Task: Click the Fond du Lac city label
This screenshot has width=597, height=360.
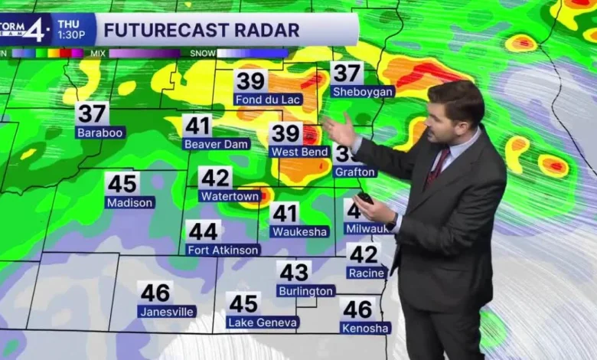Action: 269,100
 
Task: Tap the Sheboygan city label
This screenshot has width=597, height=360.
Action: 363,92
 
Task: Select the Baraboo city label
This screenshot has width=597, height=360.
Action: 100,133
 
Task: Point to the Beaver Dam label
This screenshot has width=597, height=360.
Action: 217,143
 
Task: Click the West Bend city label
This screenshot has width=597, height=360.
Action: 300,152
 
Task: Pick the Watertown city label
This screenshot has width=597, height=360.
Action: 230,196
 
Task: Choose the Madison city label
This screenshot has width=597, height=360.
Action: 130,202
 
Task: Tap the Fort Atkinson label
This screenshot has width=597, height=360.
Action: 223,250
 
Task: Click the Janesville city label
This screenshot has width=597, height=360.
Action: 167,312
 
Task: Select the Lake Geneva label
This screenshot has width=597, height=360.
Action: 263,322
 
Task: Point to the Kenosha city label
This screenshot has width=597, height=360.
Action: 365,328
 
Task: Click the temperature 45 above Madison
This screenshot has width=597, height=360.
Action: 122,183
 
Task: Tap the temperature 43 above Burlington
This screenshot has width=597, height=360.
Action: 294,272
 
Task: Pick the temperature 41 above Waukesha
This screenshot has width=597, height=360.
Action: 285,212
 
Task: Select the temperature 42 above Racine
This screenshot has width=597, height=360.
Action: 364,254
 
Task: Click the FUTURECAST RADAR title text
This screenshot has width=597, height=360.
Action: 201,31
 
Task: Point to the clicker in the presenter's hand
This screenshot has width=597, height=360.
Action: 366,198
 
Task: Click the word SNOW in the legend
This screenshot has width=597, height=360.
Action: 201,54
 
